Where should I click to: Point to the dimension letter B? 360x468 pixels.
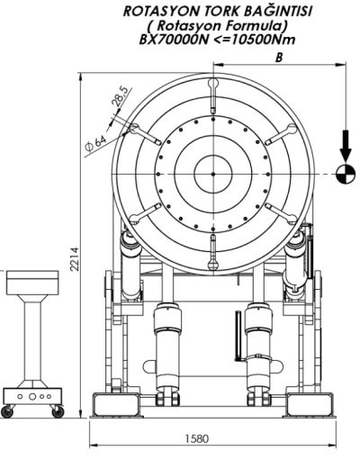279,58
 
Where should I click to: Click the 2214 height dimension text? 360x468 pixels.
75,259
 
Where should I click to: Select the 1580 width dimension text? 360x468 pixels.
196,438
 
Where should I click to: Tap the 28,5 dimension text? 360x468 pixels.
120,96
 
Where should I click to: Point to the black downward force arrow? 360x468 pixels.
346,146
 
